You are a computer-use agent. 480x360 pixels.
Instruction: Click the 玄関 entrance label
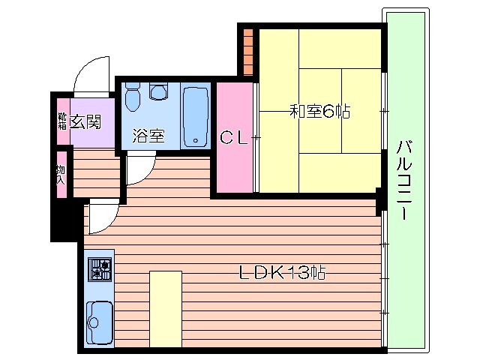coord(86,120)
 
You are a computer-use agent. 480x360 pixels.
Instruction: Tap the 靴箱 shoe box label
coord(61,121)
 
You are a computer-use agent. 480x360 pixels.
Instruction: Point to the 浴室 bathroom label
coord(148,136)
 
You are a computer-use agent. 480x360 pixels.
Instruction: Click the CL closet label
coord(233,137)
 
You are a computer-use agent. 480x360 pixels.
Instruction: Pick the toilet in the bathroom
coord(133,96)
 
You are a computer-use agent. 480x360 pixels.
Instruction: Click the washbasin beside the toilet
coord(158,91)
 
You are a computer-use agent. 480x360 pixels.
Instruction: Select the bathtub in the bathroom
coord(196,116)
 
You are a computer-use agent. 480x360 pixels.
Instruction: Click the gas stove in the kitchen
coord(99,268)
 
